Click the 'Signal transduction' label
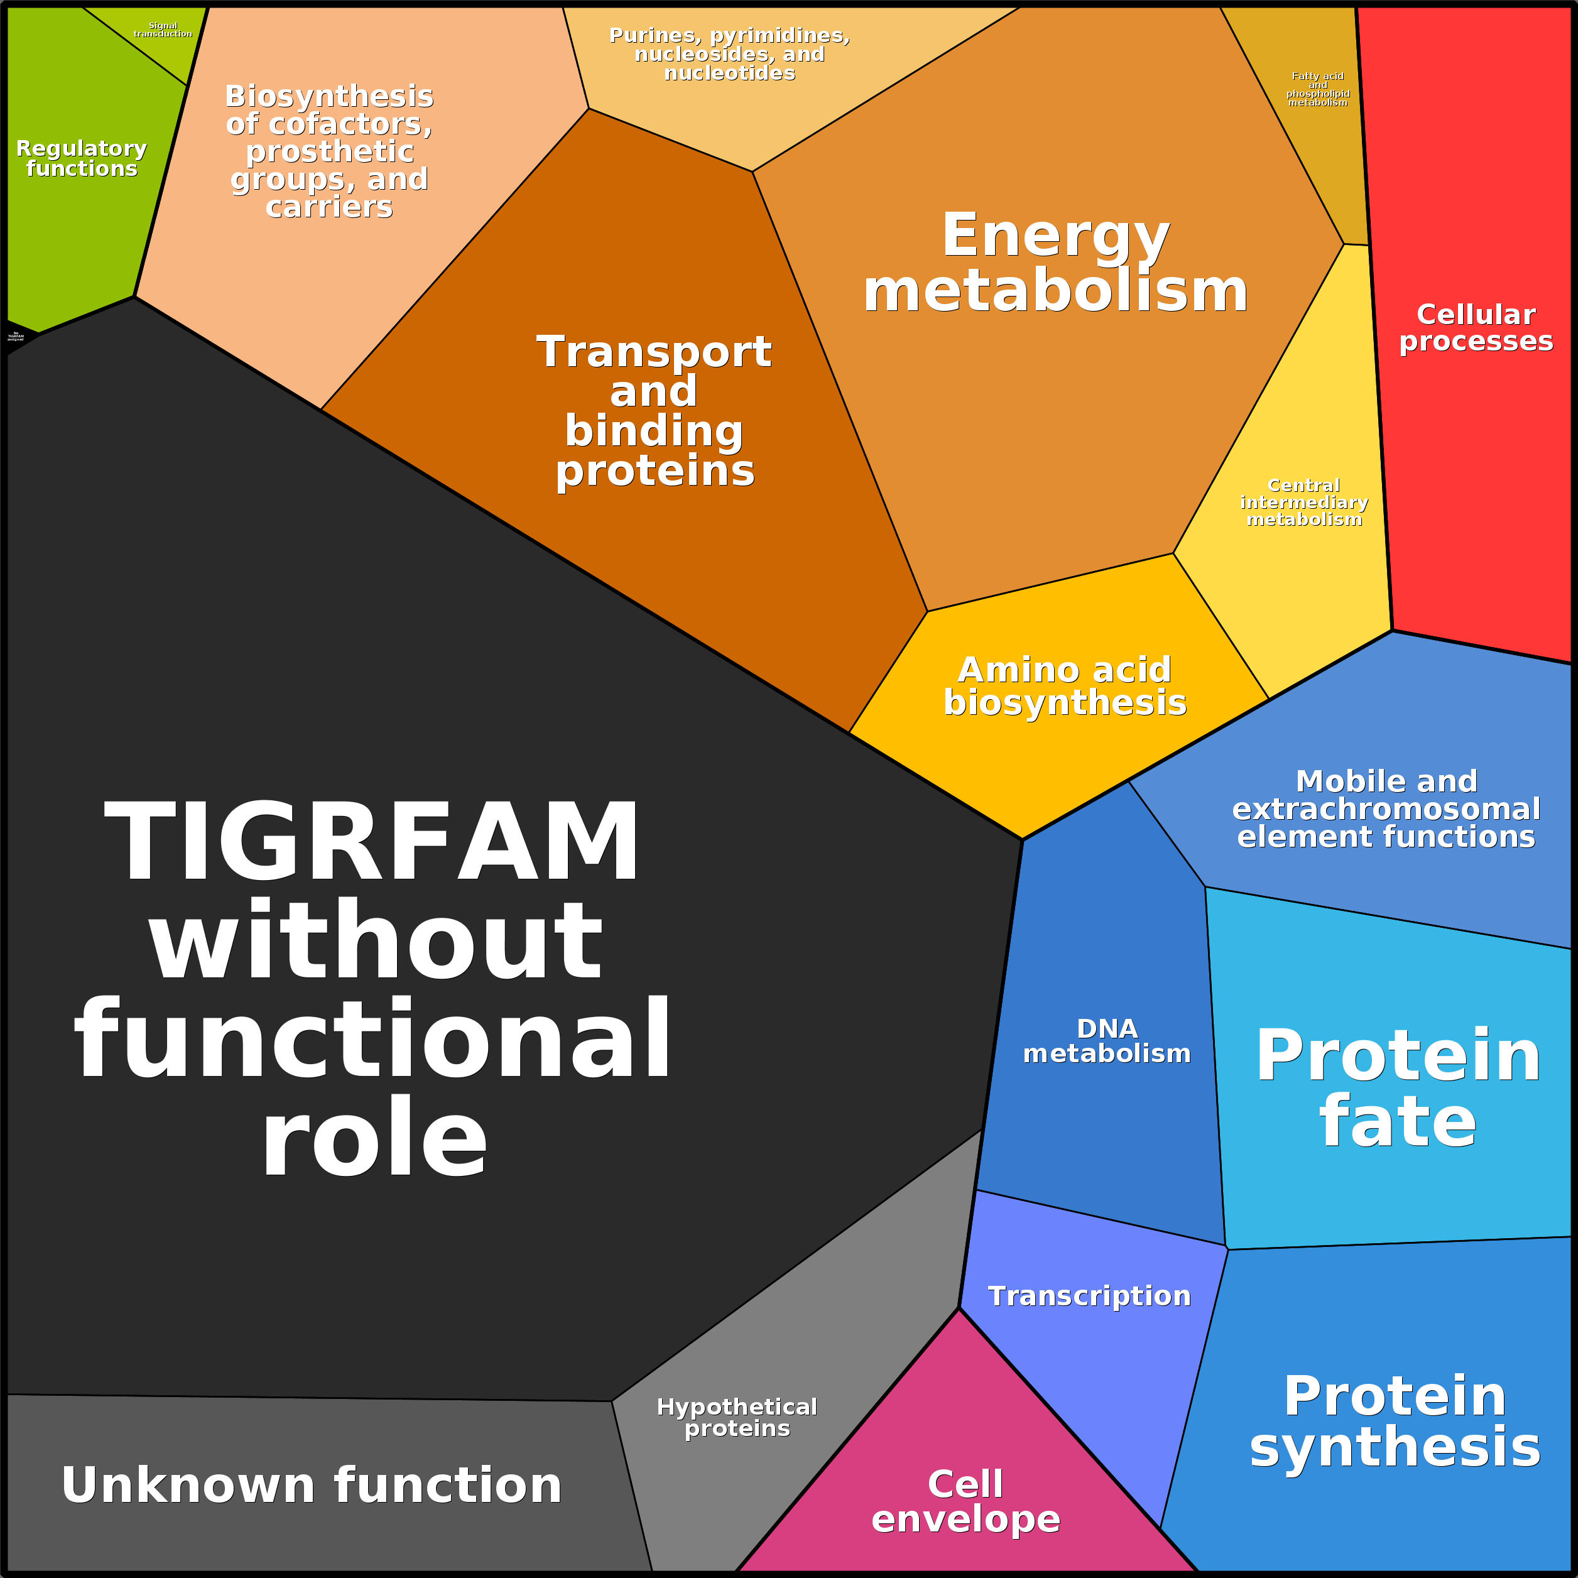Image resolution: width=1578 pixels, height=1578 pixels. point(163,30)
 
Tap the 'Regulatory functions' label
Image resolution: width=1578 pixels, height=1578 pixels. point(82,158)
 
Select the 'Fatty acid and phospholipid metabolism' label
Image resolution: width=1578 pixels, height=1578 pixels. point(1317,89)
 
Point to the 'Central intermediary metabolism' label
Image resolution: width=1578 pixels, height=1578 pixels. point(1304,503)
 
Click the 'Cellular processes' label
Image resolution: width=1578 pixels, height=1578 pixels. point(1476,327)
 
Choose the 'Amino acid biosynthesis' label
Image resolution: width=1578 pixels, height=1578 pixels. point(1065,686)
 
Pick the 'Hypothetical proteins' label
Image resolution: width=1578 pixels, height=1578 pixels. point(737,1417)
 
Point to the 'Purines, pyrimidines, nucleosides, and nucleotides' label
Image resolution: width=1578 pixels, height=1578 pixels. point(729,54)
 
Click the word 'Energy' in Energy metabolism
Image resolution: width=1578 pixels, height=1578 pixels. point(1055,235)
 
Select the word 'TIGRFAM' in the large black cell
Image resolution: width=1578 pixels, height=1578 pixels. point(372,841)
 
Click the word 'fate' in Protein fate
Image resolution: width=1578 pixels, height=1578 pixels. point(1398,1121)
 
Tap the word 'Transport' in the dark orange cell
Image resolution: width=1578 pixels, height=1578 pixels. point(653,352)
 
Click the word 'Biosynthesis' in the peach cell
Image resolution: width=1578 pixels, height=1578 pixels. point(329,96)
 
